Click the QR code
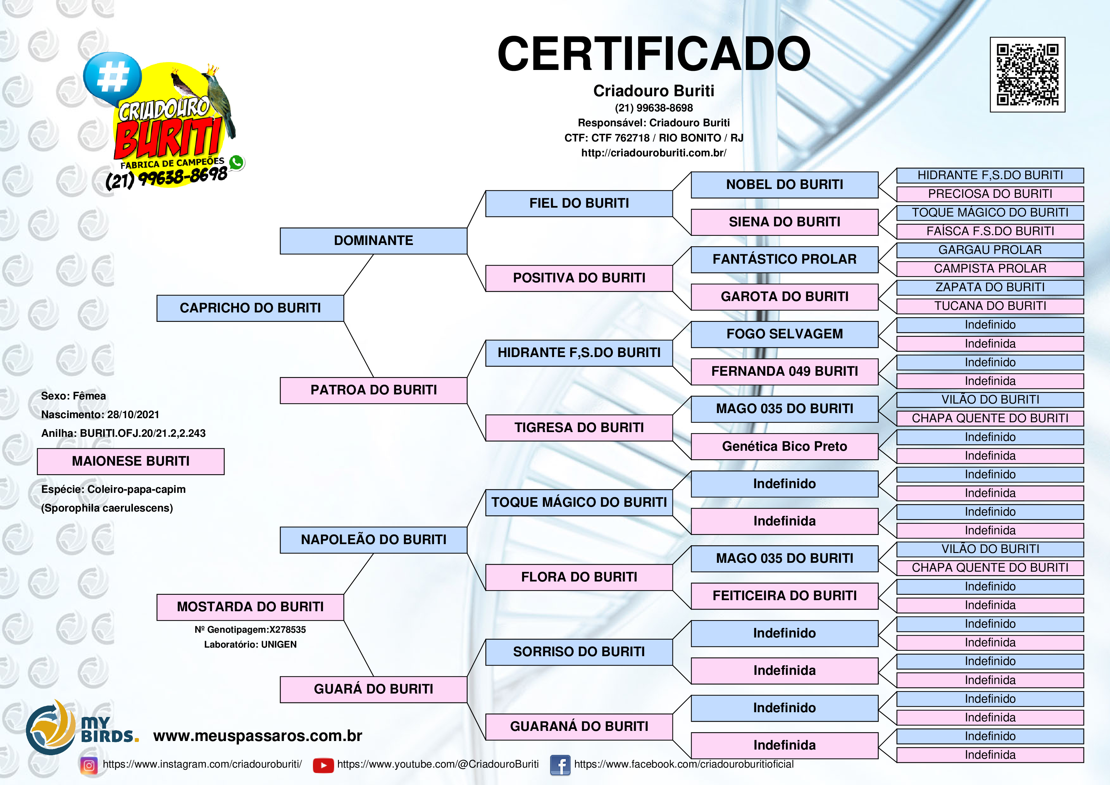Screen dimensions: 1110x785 [x=1027, y=74]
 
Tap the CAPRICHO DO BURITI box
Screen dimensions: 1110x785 [x=250, y=308]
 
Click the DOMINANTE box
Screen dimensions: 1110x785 [x=373, y=241]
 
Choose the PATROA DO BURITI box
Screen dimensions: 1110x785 [x=373, y=390]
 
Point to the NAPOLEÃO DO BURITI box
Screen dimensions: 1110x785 [x=373, y=540]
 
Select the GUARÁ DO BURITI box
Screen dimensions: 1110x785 [x=373, y=689]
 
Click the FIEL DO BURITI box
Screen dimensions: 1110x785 [x=579, y=204]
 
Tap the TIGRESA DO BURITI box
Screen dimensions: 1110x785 [x=579, y=428]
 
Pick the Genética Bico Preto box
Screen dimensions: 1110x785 [x=784, y=446]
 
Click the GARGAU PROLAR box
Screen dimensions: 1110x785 [x=990, y=250]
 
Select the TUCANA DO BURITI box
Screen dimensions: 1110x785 [x=990, y=306]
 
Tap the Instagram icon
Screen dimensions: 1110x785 [x=89, y=765]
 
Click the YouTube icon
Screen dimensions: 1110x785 [x=323, y=765]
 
